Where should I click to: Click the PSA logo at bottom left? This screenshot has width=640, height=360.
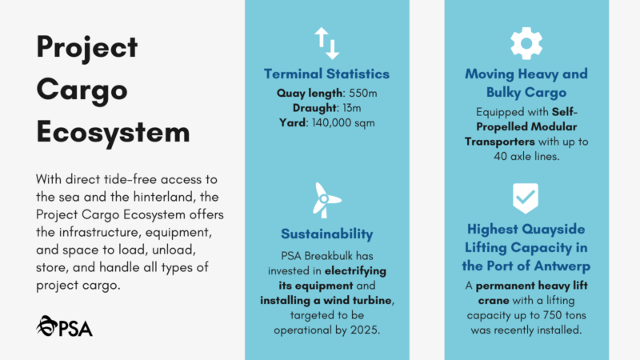point(64,325)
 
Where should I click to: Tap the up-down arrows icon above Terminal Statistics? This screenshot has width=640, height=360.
point(326,43)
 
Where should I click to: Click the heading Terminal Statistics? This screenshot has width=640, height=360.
point(326,74)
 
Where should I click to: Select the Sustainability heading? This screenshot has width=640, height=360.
point(326,234)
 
